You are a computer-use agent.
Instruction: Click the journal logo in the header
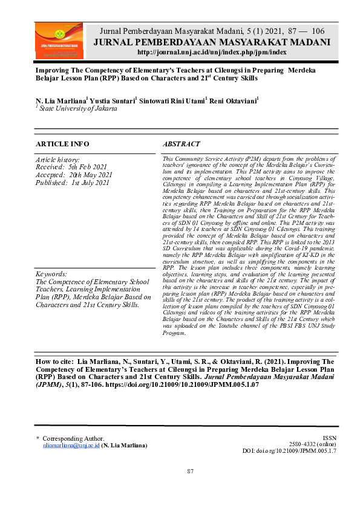62,42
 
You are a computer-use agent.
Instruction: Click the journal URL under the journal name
211,53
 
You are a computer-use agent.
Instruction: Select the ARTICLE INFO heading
62,144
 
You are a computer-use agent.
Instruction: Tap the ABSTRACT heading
182,144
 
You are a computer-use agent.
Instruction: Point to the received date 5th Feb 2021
89,167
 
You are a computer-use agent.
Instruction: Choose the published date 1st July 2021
91,183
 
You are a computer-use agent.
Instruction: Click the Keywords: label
53,274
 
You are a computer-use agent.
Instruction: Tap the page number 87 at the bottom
190,472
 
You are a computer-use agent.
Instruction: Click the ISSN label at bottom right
329,438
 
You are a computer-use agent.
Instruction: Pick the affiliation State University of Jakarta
79,108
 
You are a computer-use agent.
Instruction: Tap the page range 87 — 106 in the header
305,31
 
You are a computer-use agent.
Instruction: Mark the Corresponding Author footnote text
73,438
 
